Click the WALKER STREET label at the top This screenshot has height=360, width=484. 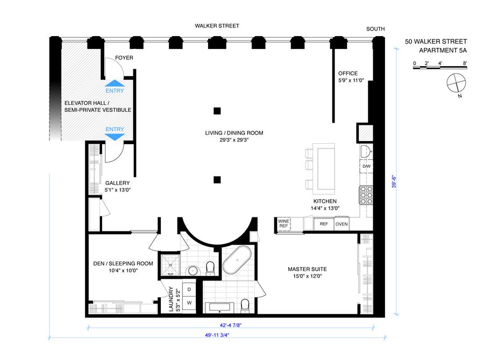217,26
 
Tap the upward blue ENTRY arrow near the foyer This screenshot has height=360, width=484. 115,83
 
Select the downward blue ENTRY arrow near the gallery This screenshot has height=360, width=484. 115,137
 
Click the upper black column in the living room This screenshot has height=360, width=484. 217,111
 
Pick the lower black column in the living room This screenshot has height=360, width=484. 217,179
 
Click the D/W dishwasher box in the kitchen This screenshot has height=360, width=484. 366,166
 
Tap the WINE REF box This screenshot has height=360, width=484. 283,223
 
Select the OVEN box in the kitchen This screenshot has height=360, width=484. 341,224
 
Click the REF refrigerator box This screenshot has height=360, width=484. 324,224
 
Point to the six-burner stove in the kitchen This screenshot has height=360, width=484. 366,195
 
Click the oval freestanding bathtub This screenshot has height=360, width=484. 237,260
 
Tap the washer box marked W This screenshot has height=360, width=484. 189,303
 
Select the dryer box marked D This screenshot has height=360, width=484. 189,290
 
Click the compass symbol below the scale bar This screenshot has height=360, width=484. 456,83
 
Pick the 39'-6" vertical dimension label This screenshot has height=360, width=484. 394,182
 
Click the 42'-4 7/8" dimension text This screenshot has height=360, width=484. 231,325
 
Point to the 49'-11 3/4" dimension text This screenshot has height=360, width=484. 217,335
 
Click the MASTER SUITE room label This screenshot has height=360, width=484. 307,269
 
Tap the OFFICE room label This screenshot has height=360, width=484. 348,74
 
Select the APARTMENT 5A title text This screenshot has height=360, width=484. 443,51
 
